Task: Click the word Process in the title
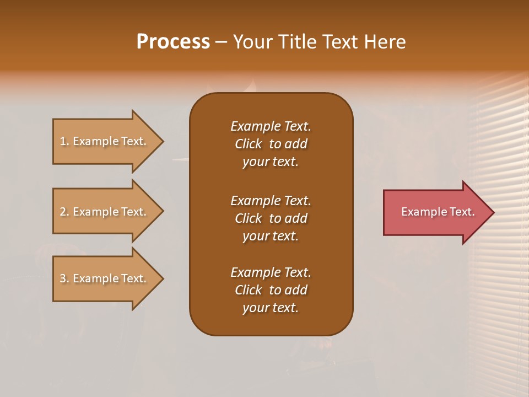[173, 42]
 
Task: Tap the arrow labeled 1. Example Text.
[105, 141]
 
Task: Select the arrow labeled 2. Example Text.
[105, 212]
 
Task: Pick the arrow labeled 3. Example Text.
[105, 278]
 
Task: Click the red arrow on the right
[435, 212]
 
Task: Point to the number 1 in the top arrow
[63, 141]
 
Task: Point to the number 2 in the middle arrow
[63, 212]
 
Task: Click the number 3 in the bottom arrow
[63, 278]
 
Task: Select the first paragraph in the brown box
[271, 144]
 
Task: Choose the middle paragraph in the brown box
[271, 218]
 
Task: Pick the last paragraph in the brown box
[271, 290]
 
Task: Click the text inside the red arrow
[438, 212]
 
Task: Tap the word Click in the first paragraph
[248, 144]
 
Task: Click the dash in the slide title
[221, 42]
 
